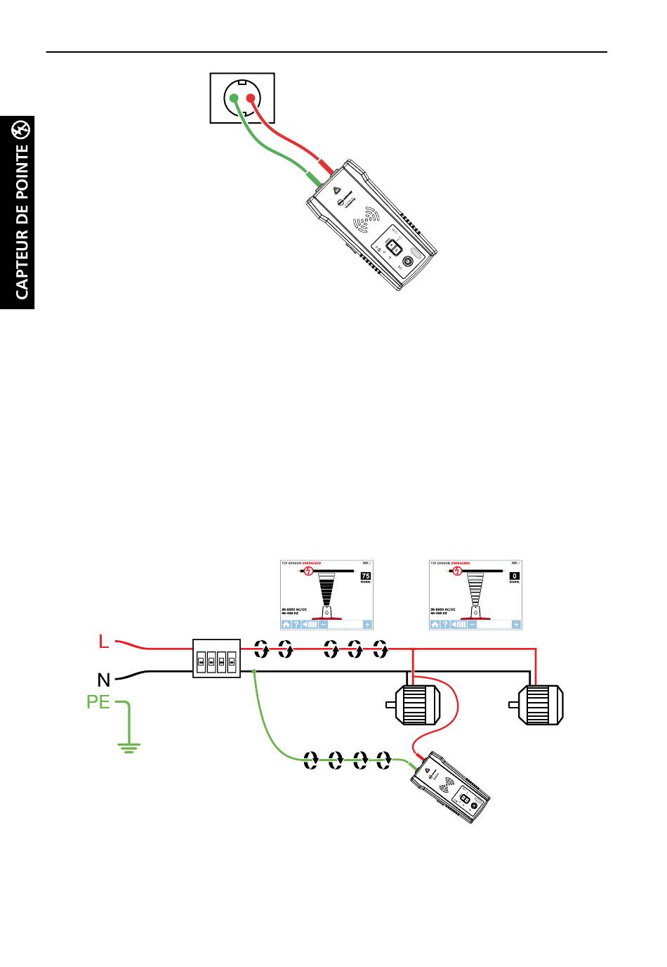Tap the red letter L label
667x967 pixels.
tap(104, 642)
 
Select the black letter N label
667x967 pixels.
tap(104, 680)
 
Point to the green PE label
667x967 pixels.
tap(98, 701)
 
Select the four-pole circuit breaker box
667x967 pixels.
tap(216, 658)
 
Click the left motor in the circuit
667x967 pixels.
tap(414, 703)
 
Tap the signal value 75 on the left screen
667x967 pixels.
tap(365, 576)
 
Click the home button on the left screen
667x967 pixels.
tap(286, 624)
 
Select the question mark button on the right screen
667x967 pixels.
tap(445, 624)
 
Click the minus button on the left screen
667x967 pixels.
tap(323, 624)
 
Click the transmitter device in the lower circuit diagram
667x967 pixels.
tap(450, 788)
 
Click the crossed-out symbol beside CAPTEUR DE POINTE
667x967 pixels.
tap(22, 129)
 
